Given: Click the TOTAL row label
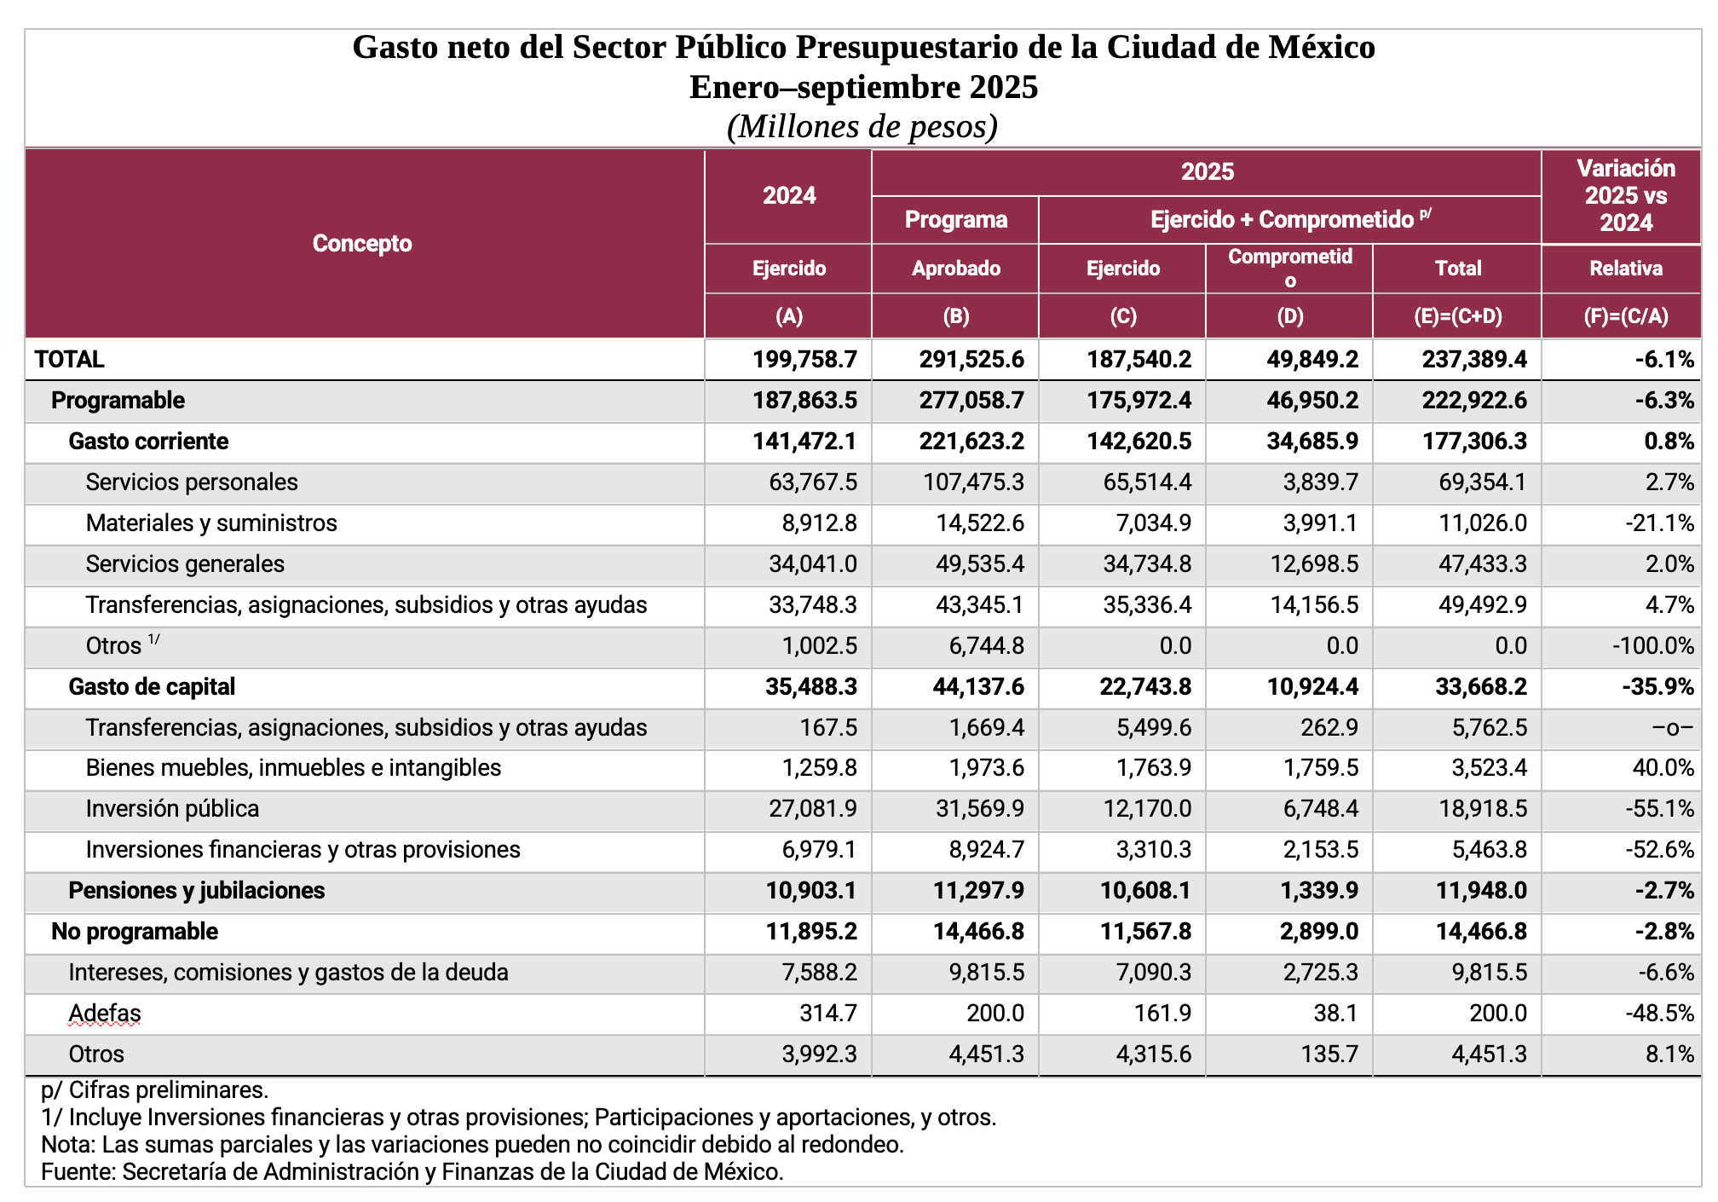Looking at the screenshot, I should [70, 359].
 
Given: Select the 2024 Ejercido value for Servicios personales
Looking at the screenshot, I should [813, 483].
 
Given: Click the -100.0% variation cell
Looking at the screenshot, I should [1652, 646].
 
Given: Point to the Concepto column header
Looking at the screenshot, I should [362, 244].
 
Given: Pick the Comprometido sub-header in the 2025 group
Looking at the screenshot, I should [1289, 268].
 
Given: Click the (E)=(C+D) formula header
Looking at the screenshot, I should [1458, 316].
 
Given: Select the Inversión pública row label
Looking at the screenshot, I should [172, 808].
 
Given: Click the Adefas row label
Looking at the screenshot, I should [105, 1014].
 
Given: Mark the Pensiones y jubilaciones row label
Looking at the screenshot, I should [196, 891].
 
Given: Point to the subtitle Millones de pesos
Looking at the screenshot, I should [862, 127].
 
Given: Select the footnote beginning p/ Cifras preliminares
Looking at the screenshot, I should [154, 1090].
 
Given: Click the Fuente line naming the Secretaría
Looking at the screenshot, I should [412, 1172].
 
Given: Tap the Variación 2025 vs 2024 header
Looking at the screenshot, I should [1625, 195].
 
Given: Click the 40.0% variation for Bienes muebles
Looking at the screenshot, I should [1663, 768].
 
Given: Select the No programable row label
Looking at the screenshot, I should [135, 932].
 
